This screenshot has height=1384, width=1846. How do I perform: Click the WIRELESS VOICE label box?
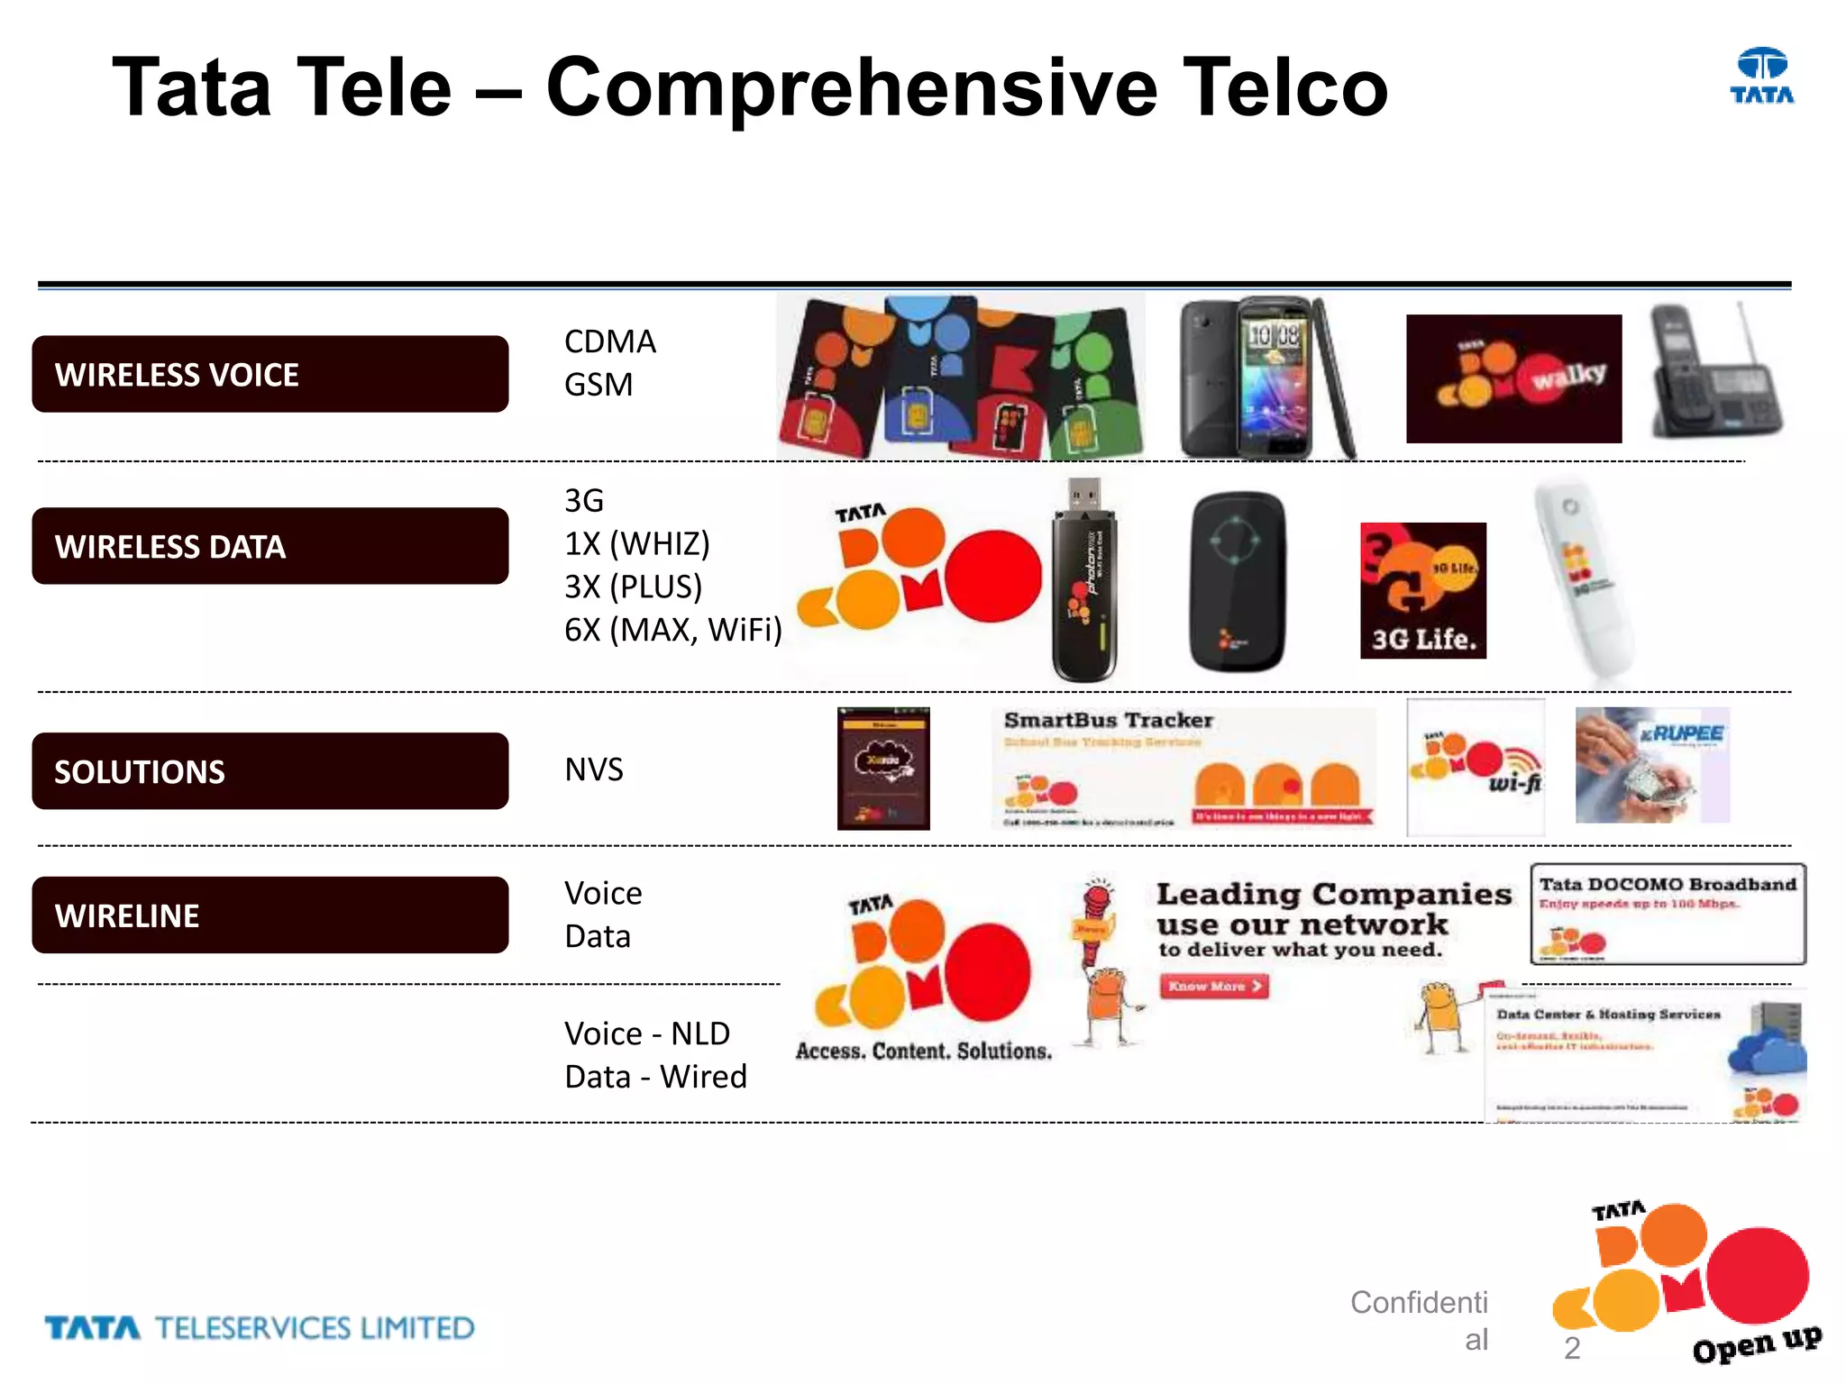pos(270,374)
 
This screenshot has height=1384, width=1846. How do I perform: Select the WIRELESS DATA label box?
pos(270,546)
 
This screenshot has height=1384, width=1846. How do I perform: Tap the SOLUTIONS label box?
pos(270,771)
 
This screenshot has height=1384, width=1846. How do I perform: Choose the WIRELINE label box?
pos(270,915)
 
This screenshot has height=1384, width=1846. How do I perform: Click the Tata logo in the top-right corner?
pos(1762,77)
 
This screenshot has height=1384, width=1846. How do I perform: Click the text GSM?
pos(599,385)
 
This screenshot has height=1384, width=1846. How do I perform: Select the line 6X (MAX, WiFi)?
pos(672,630)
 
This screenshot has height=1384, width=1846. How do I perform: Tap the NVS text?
pos(594,769)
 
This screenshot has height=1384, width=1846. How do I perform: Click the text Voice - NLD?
pos(647,1033)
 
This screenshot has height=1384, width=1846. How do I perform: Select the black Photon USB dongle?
pos(1084,581)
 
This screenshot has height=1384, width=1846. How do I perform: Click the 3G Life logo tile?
pos(1423,590)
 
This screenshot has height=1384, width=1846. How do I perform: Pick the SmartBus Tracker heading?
pos(1109,720)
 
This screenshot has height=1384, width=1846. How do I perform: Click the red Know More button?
pos(1213,987)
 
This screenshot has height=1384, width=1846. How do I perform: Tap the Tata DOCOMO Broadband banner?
pos(1668,914)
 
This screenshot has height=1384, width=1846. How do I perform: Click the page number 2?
pos(1572,1348)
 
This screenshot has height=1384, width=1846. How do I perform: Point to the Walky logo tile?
pos(1513,378)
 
